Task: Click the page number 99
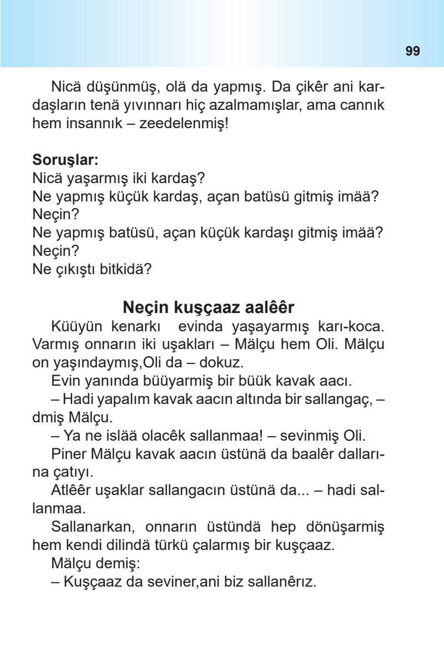412,52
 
